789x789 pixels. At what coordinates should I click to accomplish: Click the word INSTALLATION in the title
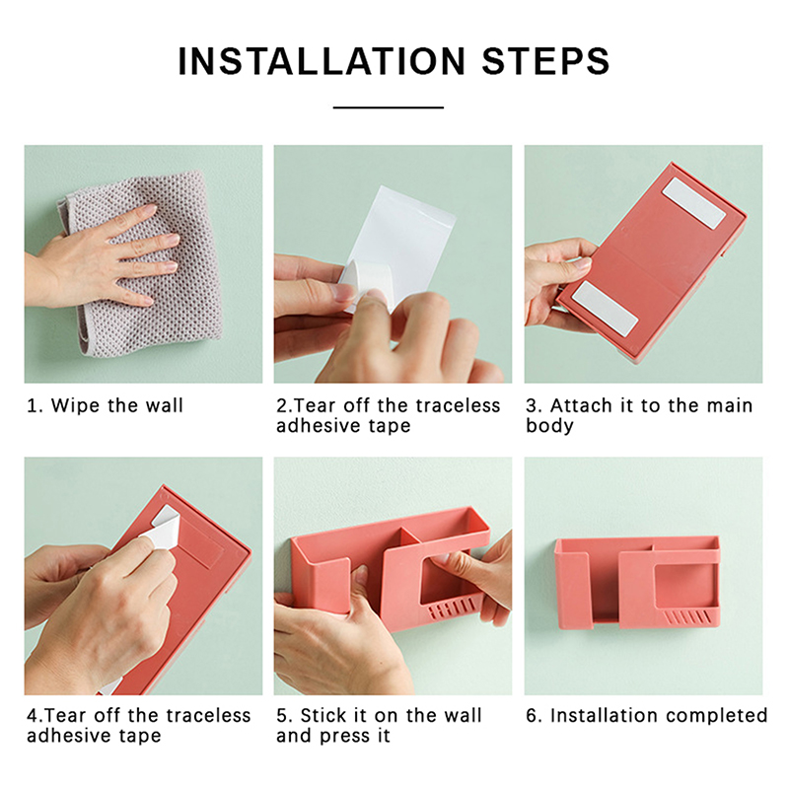(323, 61)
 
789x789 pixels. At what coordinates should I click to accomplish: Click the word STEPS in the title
(546, 61)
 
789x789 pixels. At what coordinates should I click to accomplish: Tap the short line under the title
(389, 108)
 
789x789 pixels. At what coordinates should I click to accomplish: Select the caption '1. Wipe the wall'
(105, 405)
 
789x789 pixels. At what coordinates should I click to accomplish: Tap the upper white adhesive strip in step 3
(694, 203)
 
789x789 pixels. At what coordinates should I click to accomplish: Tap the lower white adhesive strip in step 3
(606, 309)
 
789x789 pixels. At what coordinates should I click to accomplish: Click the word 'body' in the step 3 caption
(549, 426)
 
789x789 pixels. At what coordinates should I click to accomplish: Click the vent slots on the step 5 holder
(451, 609)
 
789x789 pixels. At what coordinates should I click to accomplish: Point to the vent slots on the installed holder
(686, 617)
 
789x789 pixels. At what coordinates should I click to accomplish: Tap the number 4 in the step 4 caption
(33, 716)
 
